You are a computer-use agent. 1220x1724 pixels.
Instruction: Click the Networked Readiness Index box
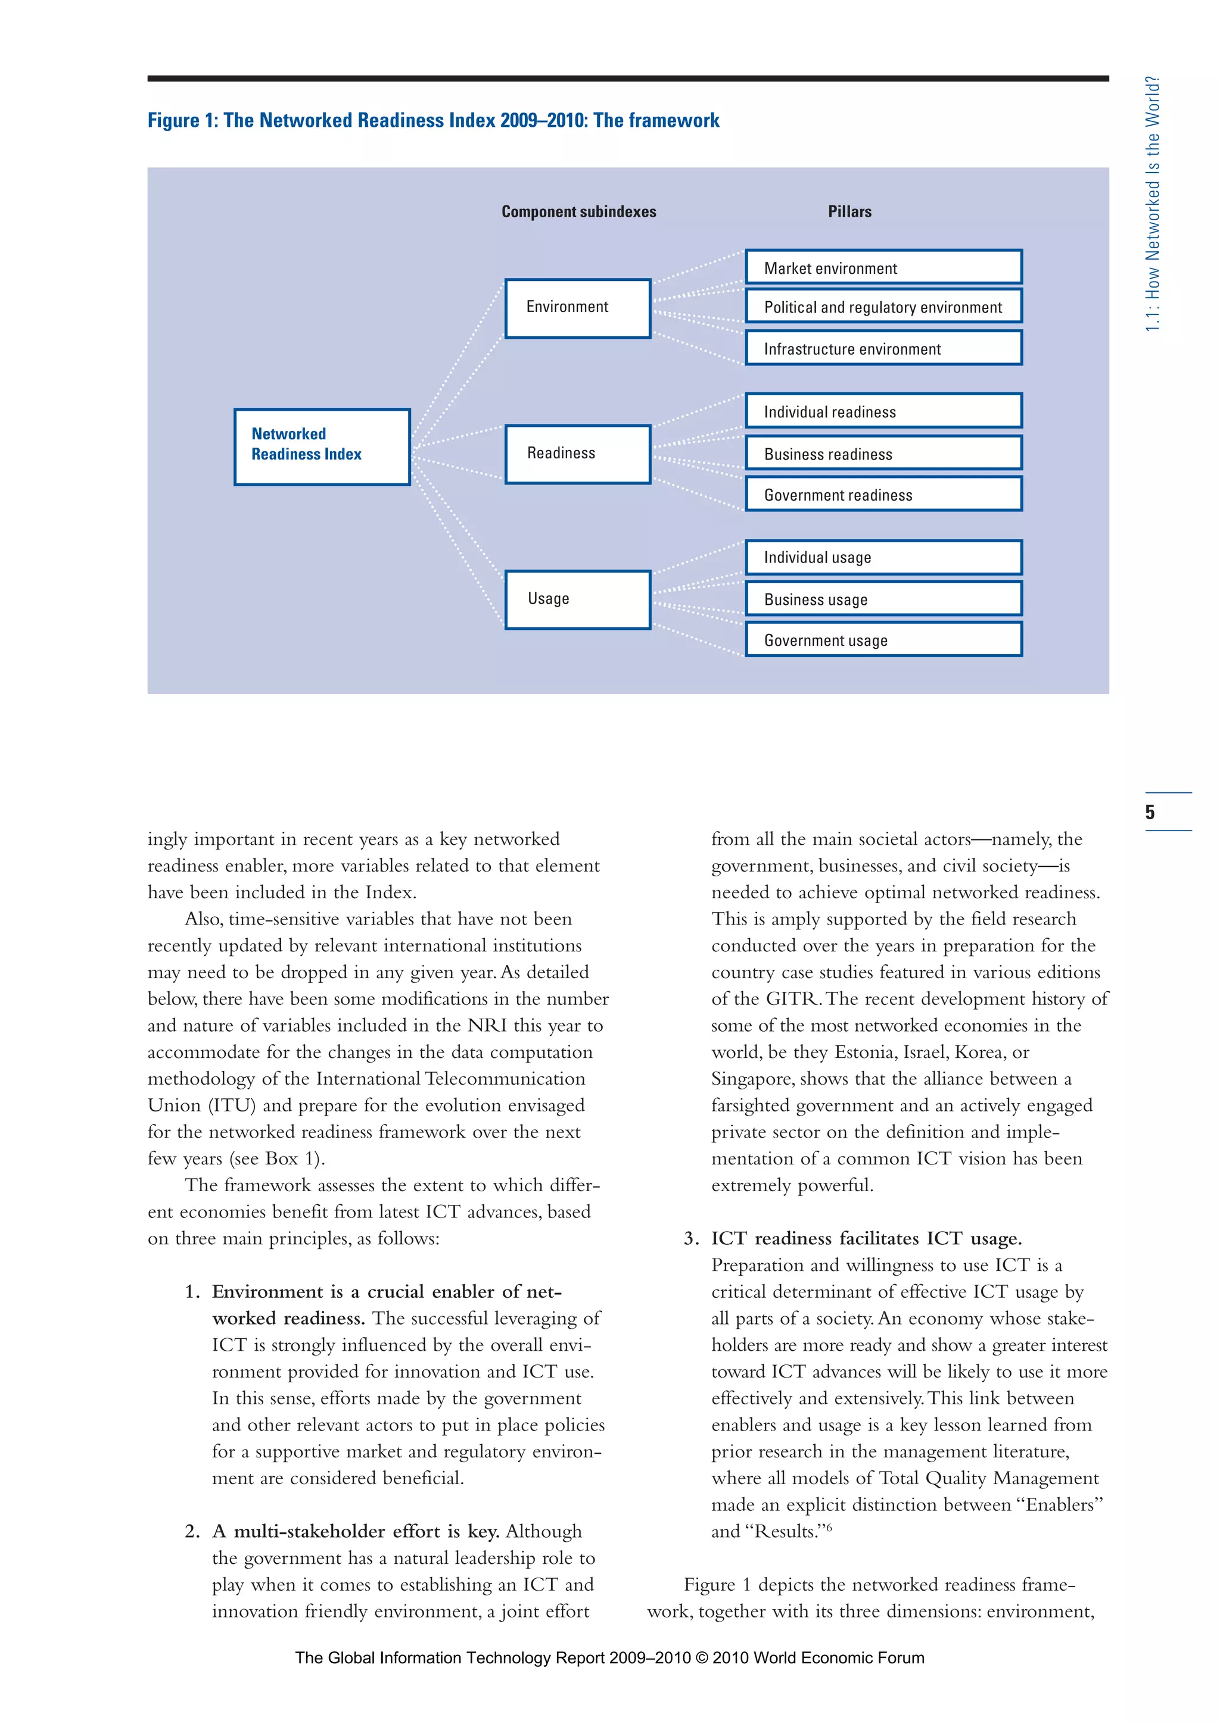[322, 446]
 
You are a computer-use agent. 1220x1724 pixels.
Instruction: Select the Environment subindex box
[577, 308]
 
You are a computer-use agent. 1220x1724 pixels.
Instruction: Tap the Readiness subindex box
[577, 454]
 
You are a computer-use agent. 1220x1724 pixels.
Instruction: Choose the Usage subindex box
[577, 599]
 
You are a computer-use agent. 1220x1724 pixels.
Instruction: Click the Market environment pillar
[883, 267]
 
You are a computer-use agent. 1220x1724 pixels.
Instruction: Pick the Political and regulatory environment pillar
[883, 307]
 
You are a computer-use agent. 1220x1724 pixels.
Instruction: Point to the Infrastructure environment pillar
[883, 348]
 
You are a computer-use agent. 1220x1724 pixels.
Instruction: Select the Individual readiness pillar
[883, 411]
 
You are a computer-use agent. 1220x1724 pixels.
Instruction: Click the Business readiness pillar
[883, 454]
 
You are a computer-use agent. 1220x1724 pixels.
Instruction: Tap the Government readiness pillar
[883, 495]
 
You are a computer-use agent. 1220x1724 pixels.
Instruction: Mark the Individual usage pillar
[883, 557]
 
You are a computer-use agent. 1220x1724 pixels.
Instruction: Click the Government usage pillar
[883, 640]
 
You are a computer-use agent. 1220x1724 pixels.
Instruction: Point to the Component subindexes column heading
[578, 212]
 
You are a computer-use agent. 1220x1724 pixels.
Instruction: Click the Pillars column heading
[849, 212]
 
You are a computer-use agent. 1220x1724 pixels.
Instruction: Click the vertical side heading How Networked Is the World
[1153, 204]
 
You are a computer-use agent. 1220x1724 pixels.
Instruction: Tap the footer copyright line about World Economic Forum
[609, 1658]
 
